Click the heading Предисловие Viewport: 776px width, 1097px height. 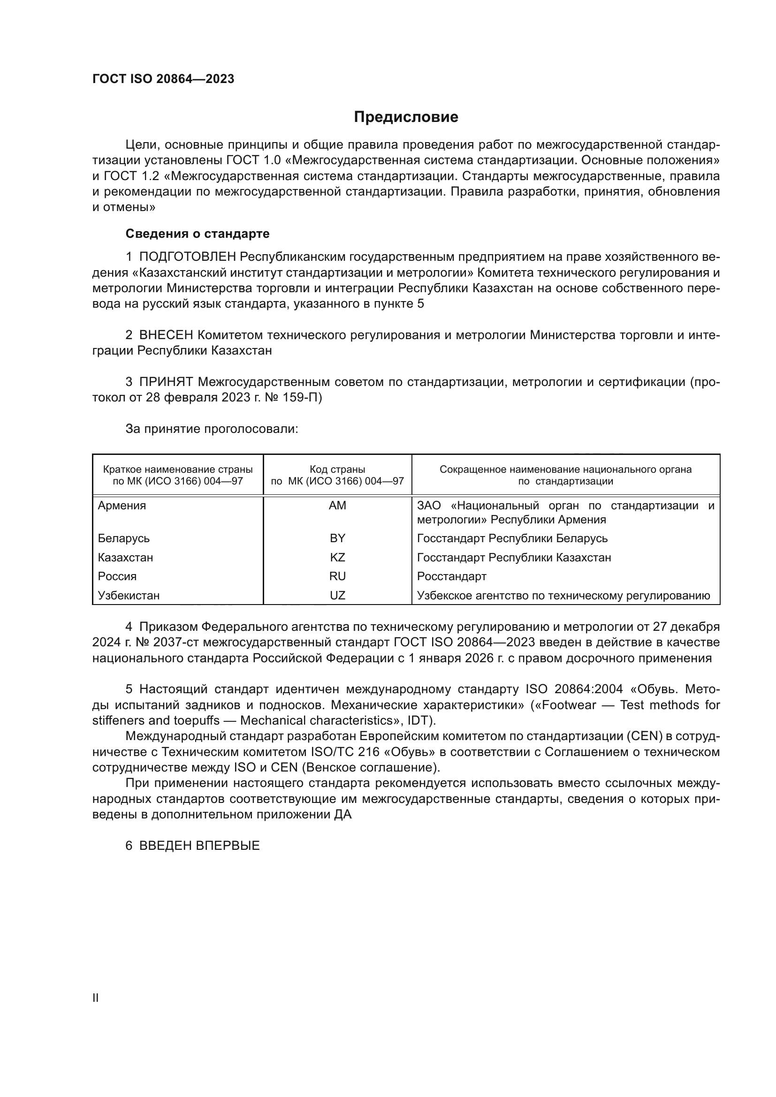pyautogui.click(x=406, y=117)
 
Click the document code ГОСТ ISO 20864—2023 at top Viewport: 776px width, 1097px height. pyautogui.click(x=163, y=79)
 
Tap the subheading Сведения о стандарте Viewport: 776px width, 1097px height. pyautogui.click(x=198, y=234)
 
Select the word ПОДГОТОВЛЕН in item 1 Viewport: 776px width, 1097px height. pyautogui.click(x=188, y=257)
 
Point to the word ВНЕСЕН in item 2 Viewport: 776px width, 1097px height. pyautogui.click(x=166, y=335)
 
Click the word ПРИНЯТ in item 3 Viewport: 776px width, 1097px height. pyautogui.click(x=166, y=382)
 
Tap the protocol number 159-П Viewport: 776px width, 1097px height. pyautogui.click(x=301, y=398)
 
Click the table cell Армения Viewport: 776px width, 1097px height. pyautogui.click(x=122, y=506)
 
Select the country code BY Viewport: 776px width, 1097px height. pyautogui.click(x=337, y=538)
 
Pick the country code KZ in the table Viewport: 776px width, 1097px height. pyautogui.click(x=337, y=558)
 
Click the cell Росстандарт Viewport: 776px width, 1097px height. pyautogui.click(x=451, y=576)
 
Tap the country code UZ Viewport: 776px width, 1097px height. pyautogui.click(x=337, y=595)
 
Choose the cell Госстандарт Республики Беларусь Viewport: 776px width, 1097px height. pyautogui.click(x=512, y=538)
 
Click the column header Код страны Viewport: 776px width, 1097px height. pyautogui.click(x=337, y=469)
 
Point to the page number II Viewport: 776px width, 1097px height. pyautogui.click(x=96, y=998)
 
